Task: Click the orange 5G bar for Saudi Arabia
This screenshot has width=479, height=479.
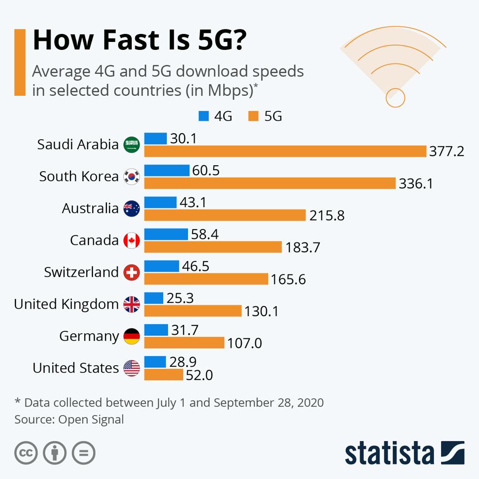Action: [x=285, y=151]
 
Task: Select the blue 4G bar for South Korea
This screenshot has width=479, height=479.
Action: [x=167, y=171]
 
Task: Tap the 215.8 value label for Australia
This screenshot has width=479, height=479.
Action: [x=327, y=216]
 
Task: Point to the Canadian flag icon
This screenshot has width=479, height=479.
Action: [x=132, y=240]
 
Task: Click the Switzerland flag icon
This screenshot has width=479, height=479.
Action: [x=132, y=272]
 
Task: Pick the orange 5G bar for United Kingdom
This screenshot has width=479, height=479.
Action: [x=193, y=311]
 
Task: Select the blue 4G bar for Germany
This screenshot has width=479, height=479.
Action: [x=156, y=330]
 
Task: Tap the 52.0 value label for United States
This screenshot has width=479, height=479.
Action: [x=199, y=375]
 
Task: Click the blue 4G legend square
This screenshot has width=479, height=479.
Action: [x=204, y=116]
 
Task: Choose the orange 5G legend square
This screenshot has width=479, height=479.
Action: [x=253, y=116]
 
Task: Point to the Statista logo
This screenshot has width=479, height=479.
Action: [x=404, y=453]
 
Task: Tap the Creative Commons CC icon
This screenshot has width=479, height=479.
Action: [x=26, y=453]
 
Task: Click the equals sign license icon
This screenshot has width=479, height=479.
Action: [x=83, y=453]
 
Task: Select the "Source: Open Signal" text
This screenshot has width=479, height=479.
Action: [x=69, y=419]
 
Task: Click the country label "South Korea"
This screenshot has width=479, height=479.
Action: [x=79, y=177]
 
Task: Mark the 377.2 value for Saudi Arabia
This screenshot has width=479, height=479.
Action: [x=447, y=152]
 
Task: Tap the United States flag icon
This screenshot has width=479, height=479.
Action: [x=132, y=368]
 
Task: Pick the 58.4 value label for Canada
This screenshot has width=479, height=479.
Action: [x=205, y=234]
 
